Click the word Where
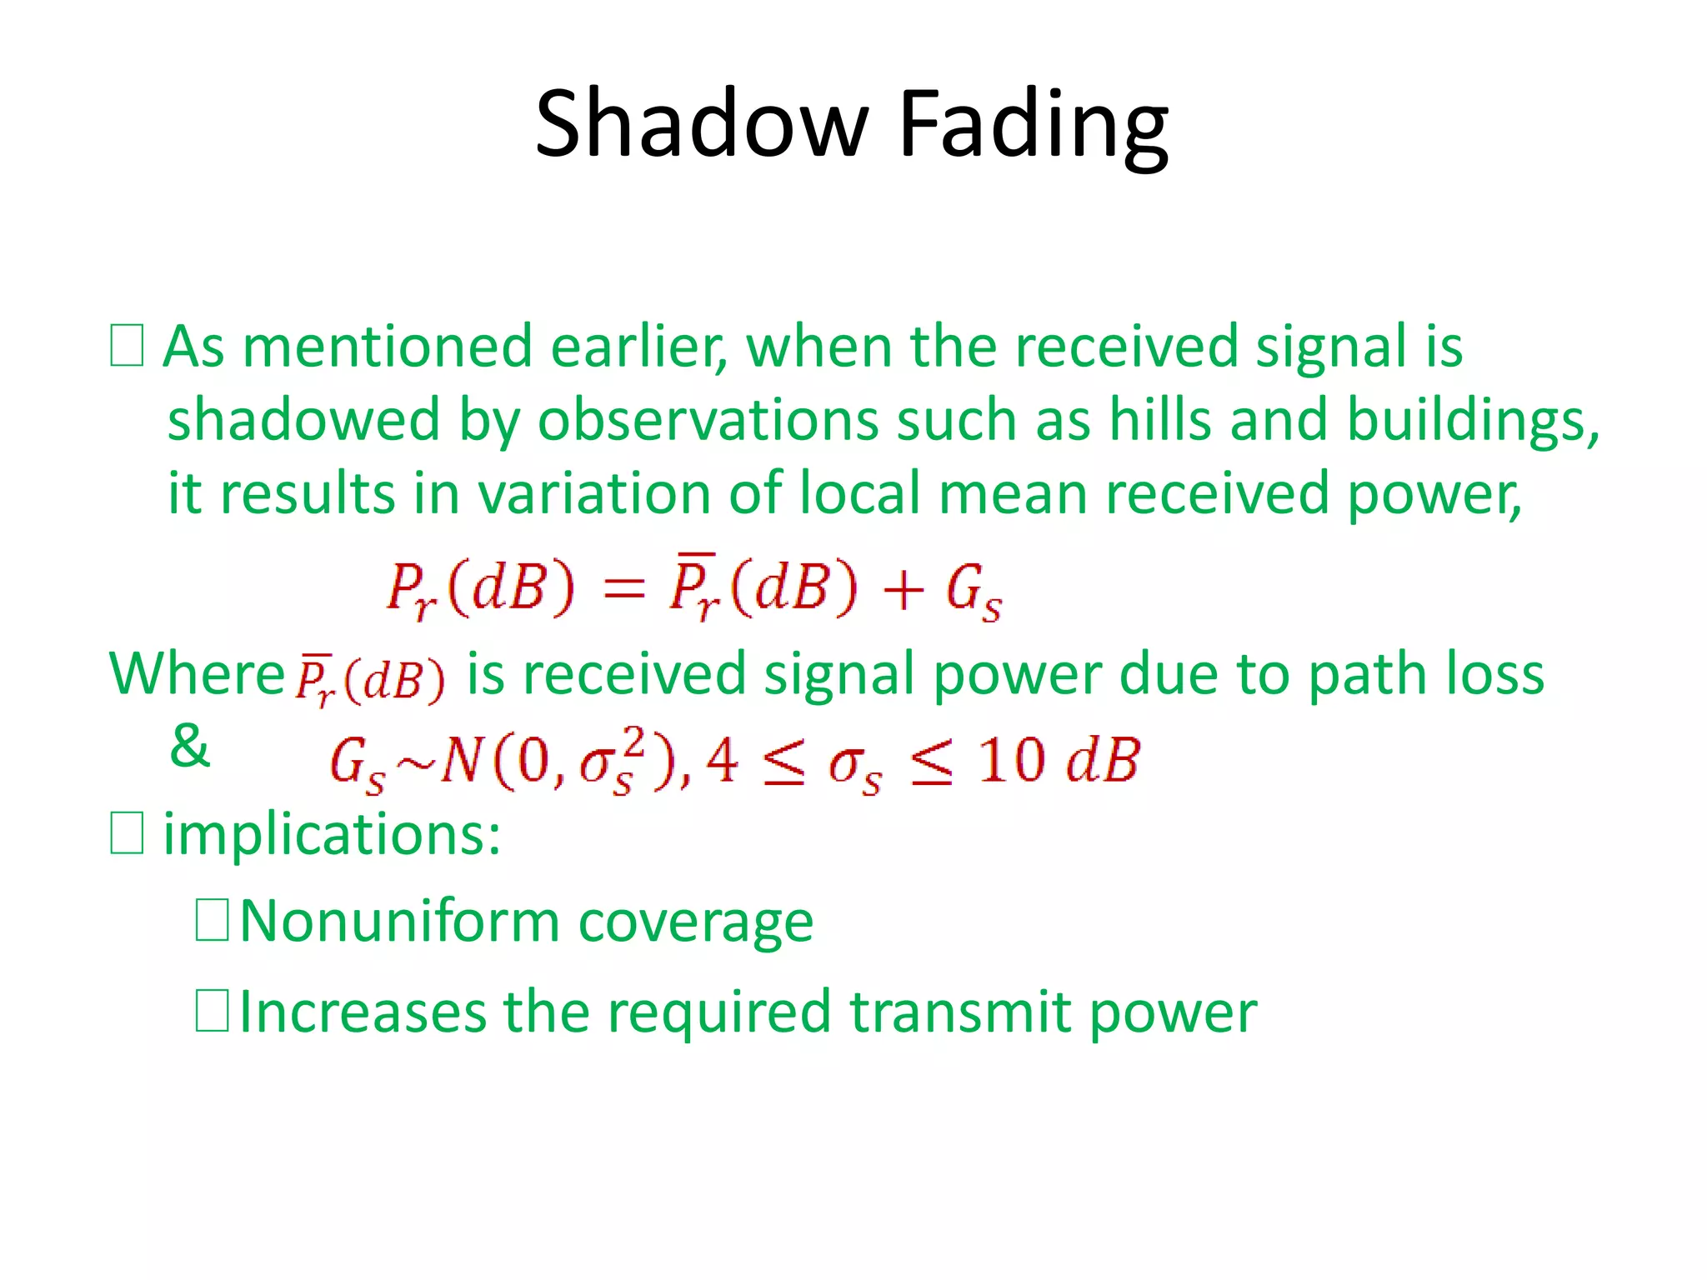coord(198,673)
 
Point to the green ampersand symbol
coord(189,746)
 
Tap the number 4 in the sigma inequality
coord(721,761)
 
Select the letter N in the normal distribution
coord(460,761)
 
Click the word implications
coord(331,834)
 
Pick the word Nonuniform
coord(399,922)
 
